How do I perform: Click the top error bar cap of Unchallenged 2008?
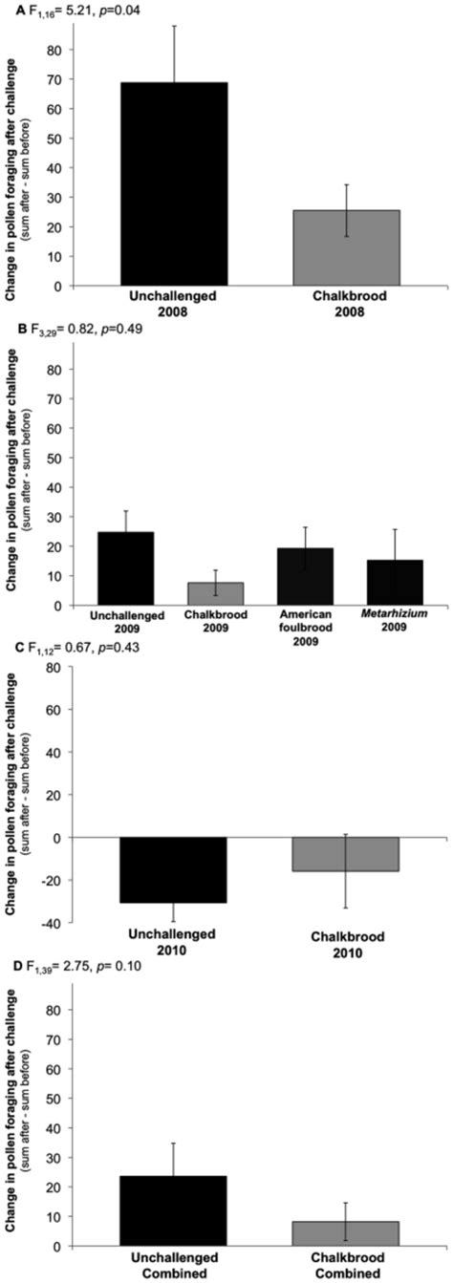tap(174, 26)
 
